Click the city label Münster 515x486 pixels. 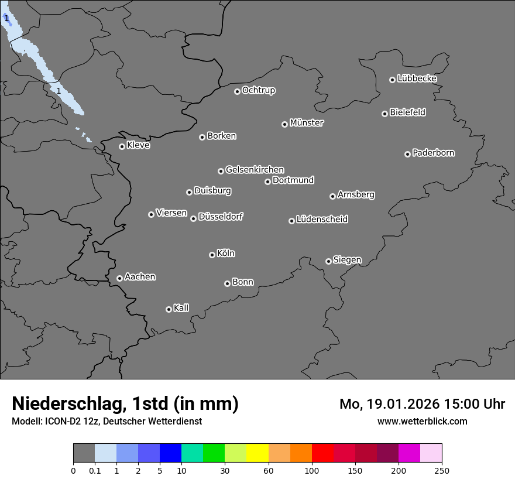pyautogui.click(x=307, y=123)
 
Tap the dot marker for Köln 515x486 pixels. pyautogui.click(x=212, y=255)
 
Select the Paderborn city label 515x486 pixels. pyautogui.click(x=433, y=153)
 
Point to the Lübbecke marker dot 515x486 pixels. pyautogui.click(x=392, y=80)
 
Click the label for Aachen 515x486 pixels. pyautogui.click(x=140, y=277)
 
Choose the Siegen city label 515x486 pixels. pyautogui.click(x=347, y=260)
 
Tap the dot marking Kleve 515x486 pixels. pyautogui.click(x=122, y=146)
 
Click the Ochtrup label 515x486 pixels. pyautogui.click(x=258, y=90)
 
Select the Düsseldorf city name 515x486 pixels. pyautogui.click(x=221, y=217)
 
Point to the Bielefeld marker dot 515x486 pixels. pyautogui.click(x=384, y=114)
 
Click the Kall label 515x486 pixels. pyautogui.click(x=181, y=308)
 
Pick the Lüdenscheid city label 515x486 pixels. pyautogui.click(x=322, y=220)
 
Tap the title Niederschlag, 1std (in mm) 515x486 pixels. pyautogui.click(x=125, y=403)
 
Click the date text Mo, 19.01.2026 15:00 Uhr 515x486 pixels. pyautogui.click(x=422, y=404)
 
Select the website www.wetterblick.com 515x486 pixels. pyautogui.click(x=422, y=421)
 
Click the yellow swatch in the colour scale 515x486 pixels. pyautogui.click(x=257, y=453)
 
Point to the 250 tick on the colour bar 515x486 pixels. pyautogui.click(x=442, y=470)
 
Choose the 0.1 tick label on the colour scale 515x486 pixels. pyautogui.click(x=95, y=470)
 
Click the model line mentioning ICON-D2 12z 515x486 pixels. pyautogui.click(x=107, y=421)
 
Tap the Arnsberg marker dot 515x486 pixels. pyautogui.click(x=332, y=196)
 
